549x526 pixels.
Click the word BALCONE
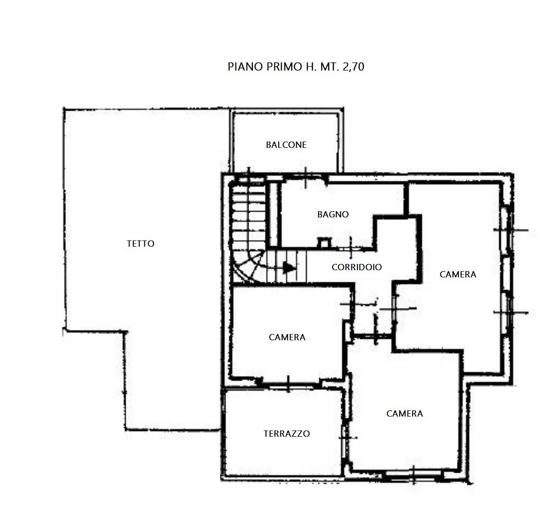(286, 144)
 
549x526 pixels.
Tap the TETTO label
(141, 243)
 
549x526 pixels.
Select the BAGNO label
(333, 215)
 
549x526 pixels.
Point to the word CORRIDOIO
(357, 267)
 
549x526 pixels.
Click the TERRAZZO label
(286, 433)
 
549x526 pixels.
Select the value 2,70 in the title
(353, 67)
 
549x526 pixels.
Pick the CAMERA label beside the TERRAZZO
(405, 414)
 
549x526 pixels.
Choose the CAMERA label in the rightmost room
(458, 275)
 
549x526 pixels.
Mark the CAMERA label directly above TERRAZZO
(287, 337)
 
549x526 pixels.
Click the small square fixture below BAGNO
(323, 242)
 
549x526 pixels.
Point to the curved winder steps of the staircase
(248, 266)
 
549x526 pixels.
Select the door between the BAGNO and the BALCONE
(306, 177)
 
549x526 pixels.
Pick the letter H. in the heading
(310, 67)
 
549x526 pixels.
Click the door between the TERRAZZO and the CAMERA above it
(288, 384)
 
